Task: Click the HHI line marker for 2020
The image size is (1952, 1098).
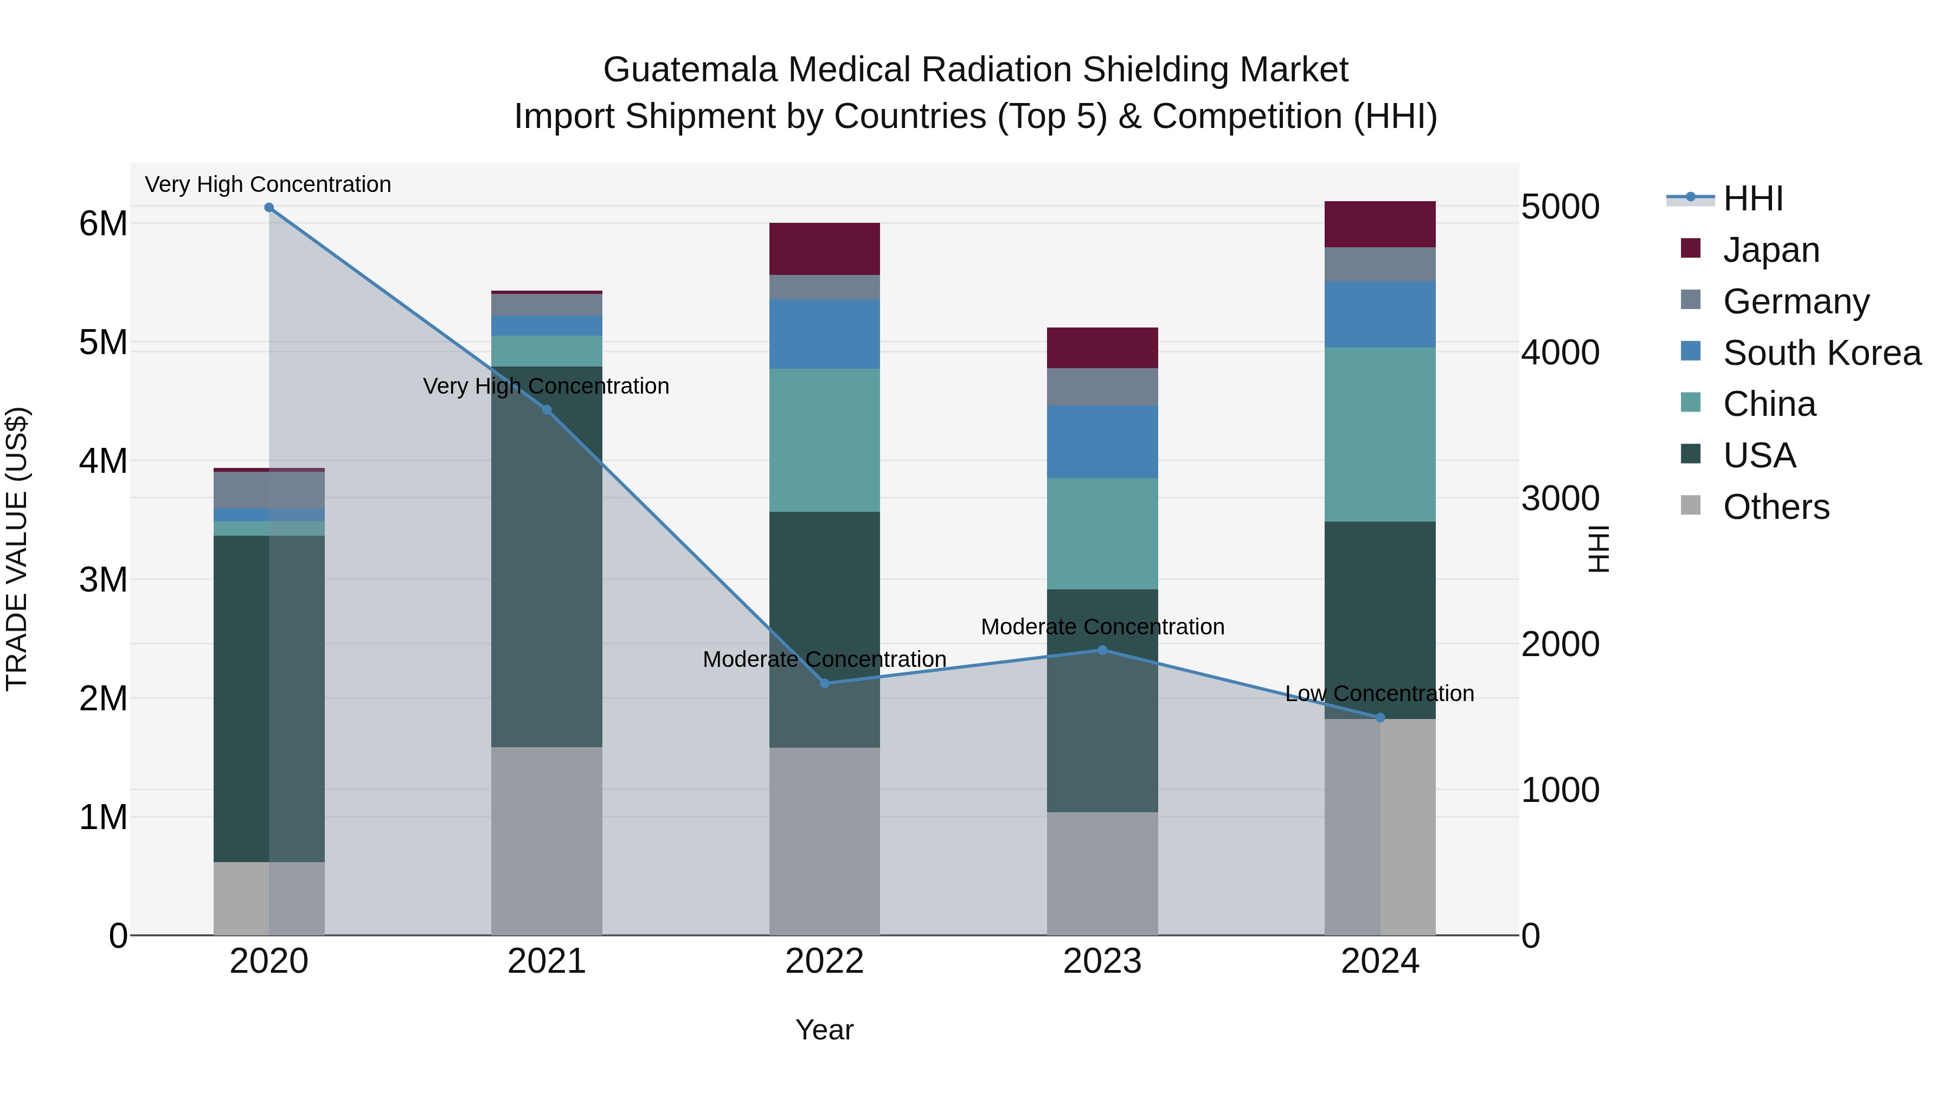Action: pos(269,208)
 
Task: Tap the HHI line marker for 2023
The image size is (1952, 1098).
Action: pos(1102,650)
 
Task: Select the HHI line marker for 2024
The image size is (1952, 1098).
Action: pos(1380,717)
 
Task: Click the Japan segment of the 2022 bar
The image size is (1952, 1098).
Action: pos(824,249)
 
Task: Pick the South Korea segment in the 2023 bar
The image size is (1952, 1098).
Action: pos(1102,442)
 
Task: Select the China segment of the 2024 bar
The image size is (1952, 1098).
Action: pos(1380,434)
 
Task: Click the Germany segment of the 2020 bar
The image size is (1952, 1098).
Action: pos(269,490)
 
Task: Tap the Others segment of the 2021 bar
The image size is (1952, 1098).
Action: pos(547,841)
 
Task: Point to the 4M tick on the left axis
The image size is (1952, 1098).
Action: pos(103,461)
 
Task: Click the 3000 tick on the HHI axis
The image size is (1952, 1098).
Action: pos(1560,499)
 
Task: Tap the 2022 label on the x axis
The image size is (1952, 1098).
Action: pos(824,961)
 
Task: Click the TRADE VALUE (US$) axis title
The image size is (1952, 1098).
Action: pos(17,549)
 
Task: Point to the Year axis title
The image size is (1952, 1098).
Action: pos(824,1031)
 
